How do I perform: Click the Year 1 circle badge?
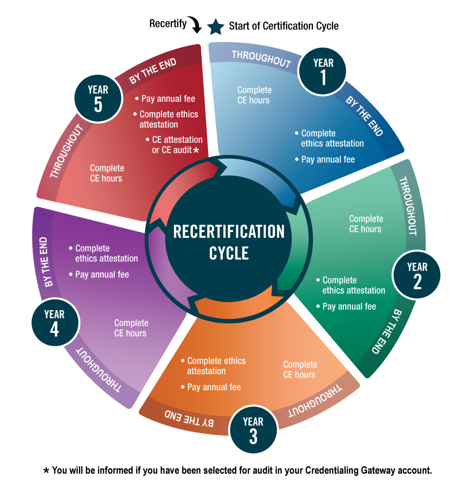323,71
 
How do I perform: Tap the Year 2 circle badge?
417,275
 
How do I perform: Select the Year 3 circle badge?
253,430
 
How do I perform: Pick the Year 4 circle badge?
54,323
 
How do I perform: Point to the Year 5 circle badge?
98,97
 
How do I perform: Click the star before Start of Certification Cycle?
216,27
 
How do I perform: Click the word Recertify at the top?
167,24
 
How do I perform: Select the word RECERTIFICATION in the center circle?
229,232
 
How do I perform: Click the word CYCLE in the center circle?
229,254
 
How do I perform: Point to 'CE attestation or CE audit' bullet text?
174,145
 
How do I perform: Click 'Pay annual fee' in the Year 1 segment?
328,159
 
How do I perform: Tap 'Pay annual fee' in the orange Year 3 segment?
214,387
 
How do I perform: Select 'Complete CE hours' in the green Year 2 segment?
366,224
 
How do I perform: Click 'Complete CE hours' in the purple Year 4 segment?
131,328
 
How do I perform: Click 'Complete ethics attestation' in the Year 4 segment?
106,253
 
